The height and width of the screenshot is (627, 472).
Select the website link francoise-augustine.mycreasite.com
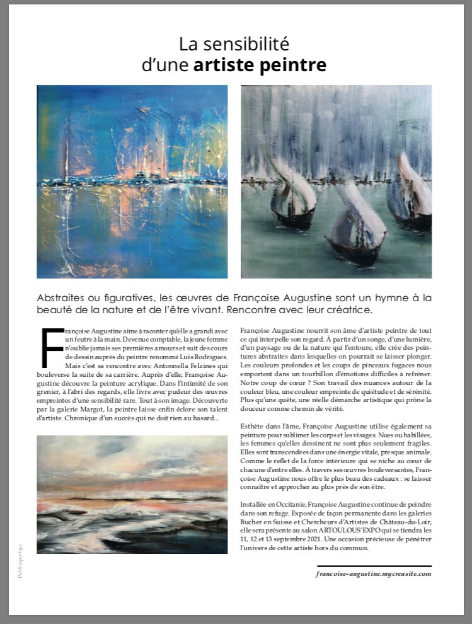coord(374,573)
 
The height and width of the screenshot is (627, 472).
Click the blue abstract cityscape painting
coord(132,181)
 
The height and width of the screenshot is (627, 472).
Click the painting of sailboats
coord(337,181)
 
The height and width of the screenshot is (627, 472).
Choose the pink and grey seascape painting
coord(132,494)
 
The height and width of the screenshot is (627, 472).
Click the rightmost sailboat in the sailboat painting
coord(413,195)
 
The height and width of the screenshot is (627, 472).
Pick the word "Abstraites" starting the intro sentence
coord(63,297)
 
